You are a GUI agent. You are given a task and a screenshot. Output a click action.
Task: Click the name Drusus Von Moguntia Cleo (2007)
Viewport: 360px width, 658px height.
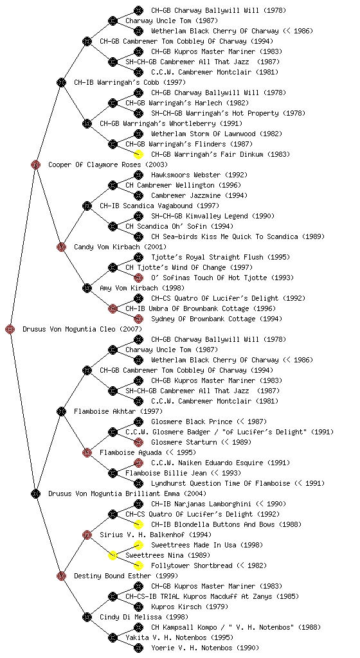[82, 330]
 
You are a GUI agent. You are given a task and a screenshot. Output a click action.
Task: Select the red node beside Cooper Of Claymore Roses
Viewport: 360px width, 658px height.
[35, 164]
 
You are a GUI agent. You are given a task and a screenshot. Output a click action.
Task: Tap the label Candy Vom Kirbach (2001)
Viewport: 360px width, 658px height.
[120, 247]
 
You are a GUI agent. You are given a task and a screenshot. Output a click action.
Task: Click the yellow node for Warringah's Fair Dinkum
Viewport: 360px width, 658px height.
[138, 154]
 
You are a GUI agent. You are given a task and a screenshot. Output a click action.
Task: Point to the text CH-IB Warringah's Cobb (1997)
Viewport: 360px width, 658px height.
[130, 83]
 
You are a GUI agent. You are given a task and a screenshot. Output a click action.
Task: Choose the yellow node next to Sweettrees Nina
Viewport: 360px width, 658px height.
[113, 555]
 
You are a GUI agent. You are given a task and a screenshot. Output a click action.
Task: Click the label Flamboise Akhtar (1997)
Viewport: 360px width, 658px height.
[118, 412]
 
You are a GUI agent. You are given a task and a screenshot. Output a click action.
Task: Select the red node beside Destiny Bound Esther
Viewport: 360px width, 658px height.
[61, 576]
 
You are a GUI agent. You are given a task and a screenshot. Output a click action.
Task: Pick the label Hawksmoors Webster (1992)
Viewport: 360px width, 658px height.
[199, 175]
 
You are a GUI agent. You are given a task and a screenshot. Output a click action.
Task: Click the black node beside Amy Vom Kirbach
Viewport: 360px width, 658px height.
[87, 288]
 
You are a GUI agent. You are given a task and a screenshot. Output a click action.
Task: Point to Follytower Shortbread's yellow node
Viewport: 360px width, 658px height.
[138, 565]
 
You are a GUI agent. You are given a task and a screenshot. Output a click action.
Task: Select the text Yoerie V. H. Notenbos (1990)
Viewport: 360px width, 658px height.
[205, 648]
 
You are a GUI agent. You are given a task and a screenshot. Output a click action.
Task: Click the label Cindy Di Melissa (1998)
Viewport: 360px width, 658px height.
[144, 618]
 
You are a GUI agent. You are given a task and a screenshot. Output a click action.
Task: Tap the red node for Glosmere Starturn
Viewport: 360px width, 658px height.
[138, 442]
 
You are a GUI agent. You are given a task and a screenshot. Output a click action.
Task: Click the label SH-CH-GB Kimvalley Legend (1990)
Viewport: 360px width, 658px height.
[213, 216]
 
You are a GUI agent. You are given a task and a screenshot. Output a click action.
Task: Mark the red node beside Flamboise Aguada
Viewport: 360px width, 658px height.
[87, 452]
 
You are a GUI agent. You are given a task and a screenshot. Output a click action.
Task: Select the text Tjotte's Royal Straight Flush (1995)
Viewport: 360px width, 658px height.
[221, 257]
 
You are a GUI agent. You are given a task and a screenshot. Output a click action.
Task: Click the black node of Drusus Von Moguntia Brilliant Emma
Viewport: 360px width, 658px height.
[35, 493]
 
